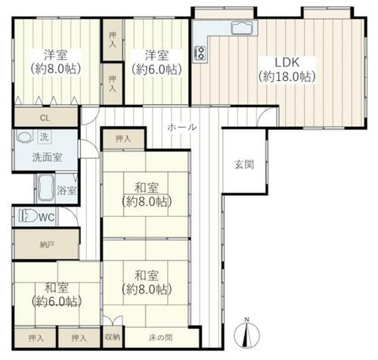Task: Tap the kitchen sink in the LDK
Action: click(242, 28)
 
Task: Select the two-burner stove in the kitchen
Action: click(200, 53)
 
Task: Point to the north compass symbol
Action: click(246, 334)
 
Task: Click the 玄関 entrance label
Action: click(244, 165)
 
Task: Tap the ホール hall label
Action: click(182, 127)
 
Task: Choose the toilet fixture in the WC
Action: click(28, 216)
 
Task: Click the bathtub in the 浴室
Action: click(45, 188)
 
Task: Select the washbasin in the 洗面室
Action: click(25, 138)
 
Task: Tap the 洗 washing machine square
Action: click(45, 137)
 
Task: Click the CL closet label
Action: click(45, 118)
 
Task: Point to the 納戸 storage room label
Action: click(47, 244)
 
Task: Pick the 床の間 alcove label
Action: click(160, 337)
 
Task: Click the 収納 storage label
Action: click(113, 337)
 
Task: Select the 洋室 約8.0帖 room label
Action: click(56, 62)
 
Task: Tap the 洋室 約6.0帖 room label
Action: click(156, 63)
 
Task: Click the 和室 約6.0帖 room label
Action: click(57, 294)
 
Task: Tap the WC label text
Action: click(47, 216)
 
